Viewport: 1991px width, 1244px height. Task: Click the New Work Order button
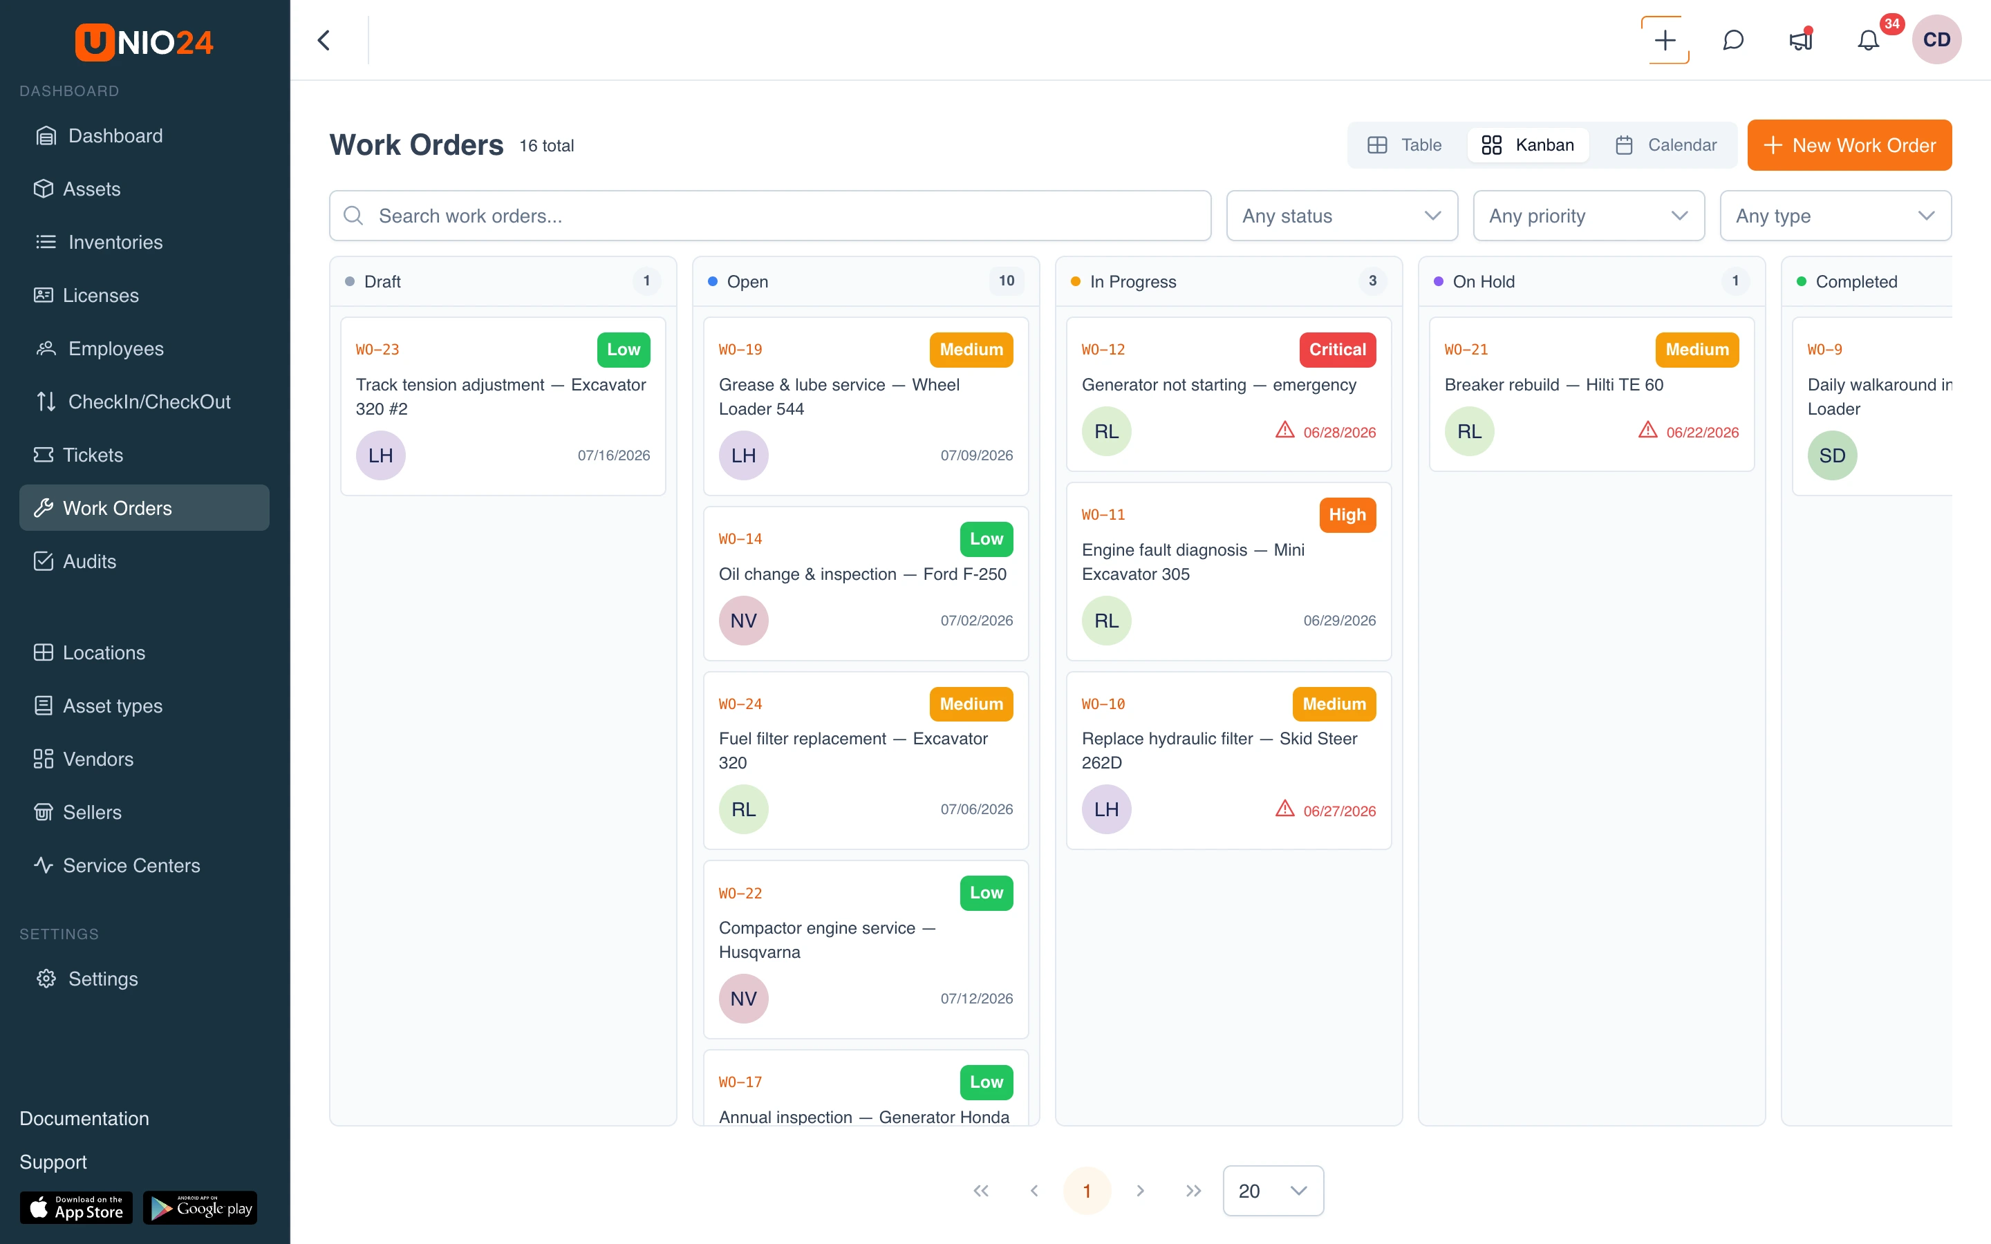[1849, 146]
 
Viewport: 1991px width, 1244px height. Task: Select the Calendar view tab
[1665, 146]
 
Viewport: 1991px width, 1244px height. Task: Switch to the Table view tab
[1405, 146]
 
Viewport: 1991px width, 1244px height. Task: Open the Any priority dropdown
[1588, 216]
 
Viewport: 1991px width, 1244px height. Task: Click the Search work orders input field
[770, 216]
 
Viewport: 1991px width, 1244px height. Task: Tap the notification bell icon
[1869, 40]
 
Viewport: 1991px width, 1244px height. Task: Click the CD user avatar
[1936, 39]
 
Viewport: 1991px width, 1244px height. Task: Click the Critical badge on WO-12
[1337, 350]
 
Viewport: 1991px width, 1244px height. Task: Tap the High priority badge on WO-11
[1347, 515]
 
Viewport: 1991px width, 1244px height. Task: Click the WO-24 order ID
[740, 704]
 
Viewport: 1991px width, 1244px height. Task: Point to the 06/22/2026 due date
[1702, 432]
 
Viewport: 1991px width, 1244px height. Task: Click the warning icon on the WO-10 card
[1284, 809]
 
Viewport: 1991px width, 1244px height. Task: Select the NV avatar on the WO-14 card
[743, 621]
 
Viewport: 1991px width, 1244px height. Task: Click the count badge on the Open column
[1006, 281]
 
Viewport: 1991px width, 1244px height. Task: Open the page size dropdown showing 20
[1273, 1191]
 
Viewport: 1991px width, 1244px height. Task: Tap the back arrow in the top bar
[324, 40]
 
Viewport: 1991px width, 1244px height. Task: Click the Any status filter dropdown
[1341, 216]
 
